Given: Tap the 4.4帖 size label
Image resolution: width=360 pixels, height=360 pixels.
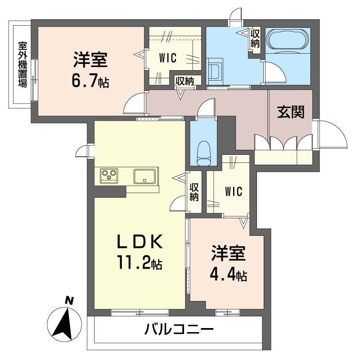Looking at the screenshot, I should point(228,274).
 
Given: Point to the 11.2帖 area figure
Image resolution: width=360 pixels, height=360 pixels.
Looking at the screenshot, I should point(140,263).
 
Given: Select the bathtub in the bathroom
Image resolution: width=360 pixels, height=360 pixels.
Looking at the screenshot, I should point(288,40).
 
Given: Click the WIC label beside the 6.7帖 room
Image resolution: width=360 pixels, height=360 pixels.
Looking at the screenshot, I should point(167,57).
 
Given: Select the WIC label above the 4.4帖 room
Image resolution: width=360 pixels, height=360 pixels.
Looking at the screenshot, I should point(234,191).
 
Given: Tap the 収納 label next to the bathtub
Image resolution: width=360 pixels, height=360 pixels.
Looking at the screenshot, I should point(255,38).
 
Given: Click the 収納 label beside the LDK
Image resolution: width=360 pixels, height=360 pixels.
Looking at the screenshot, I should point(194,192).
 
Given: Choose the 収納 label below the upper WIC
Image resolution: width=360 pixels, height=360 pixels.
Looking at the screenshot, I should point(184,81).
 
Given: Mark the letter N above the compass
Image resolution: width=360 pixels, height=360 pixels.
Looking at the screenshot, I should point(69,300).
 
